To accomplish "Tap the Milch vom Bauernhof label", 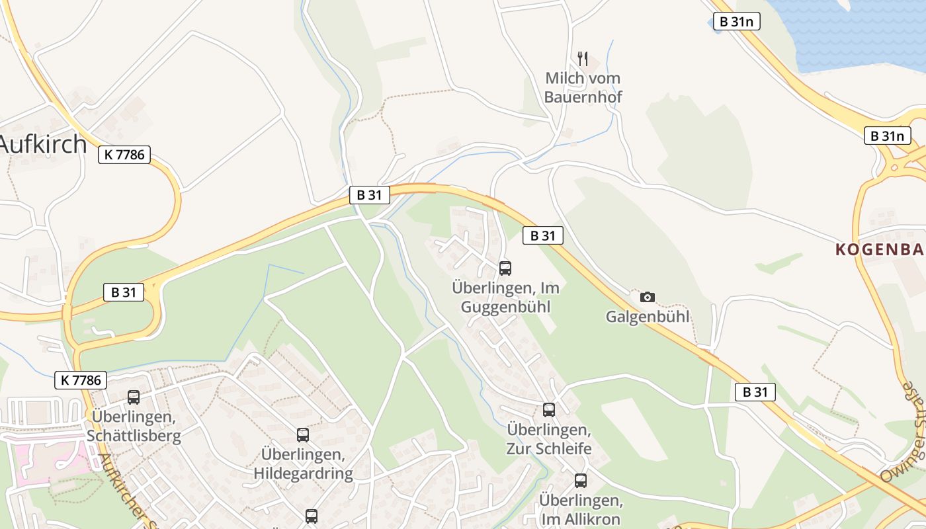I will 583,87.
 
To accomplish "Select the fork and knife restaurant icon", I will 583,58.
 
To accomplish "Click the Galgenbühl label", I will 648,317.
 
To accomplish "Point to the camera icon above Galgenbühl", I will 648,297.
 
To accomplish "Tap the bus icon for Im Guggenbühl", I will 505,268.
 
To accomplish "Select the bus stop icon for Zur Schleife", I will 549,409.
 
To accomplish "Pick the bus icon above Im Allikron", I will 581,481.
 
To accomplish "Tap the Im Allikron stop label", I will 580,509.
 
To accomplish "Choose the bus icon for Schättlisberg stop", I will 134,397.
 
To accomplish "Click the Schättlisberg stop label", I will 134,427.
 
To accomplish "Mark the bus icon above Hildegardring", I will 303,435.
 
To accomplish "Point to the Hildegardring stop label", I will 303,464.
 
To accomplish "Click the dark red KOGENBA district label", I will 879,249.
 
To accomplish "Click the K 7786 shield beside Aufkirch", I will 125,155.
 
